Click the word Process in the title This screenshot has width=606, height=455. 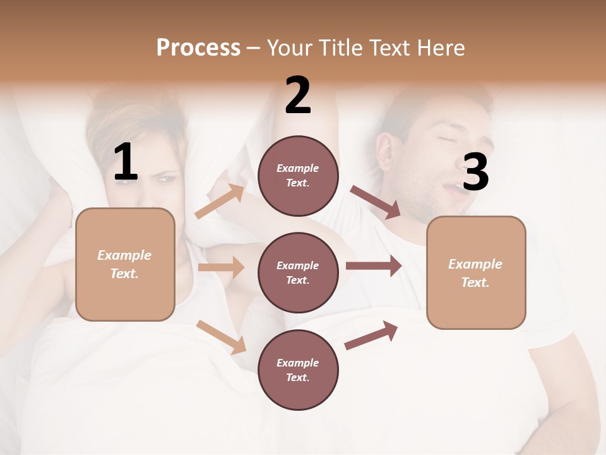coord(198,47)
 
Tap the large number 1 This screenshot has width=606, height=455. coord(126,162)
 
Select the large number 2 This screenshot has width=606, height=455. coord(298,95)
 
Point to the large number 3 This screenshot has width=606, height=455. coord(475,173)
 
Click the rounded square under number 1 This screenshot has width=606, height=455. coord(125,264)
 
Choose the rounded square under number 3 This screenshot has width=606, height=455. coord(476,272)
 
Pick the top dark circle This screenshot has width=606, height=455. coord(298,176)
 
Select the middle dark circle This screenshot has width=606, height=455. coord(298,272)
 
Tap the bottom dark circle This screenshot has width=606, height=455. coord(298,370)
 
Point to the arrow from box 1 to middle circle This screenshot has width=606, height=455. coord(221,267)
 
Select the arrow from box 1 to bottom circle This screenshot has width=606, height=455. coord(222,337)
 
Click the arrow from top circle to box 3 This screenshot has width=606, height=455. coord(375,202)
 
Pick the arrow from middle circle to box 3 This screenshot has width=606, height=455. coord(374,265)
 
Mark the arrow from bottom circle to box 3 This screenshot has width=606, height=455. coord(371,335)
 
